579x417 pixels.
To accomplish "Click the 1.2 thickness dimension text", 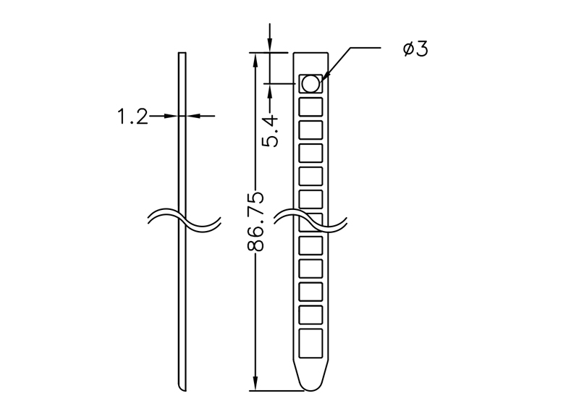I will point(132,117).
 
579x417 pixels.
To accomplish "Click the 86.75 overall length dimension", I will point(255,222).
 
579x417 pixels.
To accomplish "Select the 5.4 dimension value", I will point(270,130).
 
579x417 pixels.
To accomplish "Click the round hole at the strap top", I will point(310,84).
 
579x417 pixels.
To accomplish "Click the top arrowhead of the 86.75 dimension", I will point(255,58).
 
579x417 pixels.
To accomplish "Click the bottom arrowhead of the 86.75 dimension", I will point(255,384).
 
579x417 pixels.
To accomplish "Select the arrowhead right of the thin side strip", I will point(192,115).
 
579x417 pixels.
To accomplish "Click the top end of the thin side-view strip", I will point(182,54).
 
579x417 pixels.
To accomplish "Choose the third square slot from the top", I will point(310,130).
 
